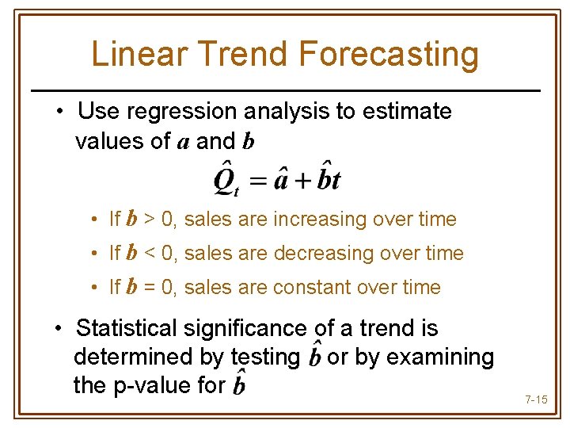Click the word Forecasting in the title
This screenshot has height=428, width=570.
click(389, 55)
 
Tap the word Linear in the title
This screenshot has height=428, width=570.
click(139, 55)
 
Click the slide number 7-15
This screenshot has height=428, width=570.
click(536, 399)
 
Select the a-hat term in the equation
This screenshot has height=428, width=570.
click(280, 178)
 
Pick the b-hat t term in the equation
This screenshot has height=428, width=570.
click(329, 178)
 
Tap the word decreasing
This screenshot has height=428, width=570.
click(323, 253)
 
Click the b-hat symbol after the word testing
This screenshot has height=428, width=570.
click(314, 356)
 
